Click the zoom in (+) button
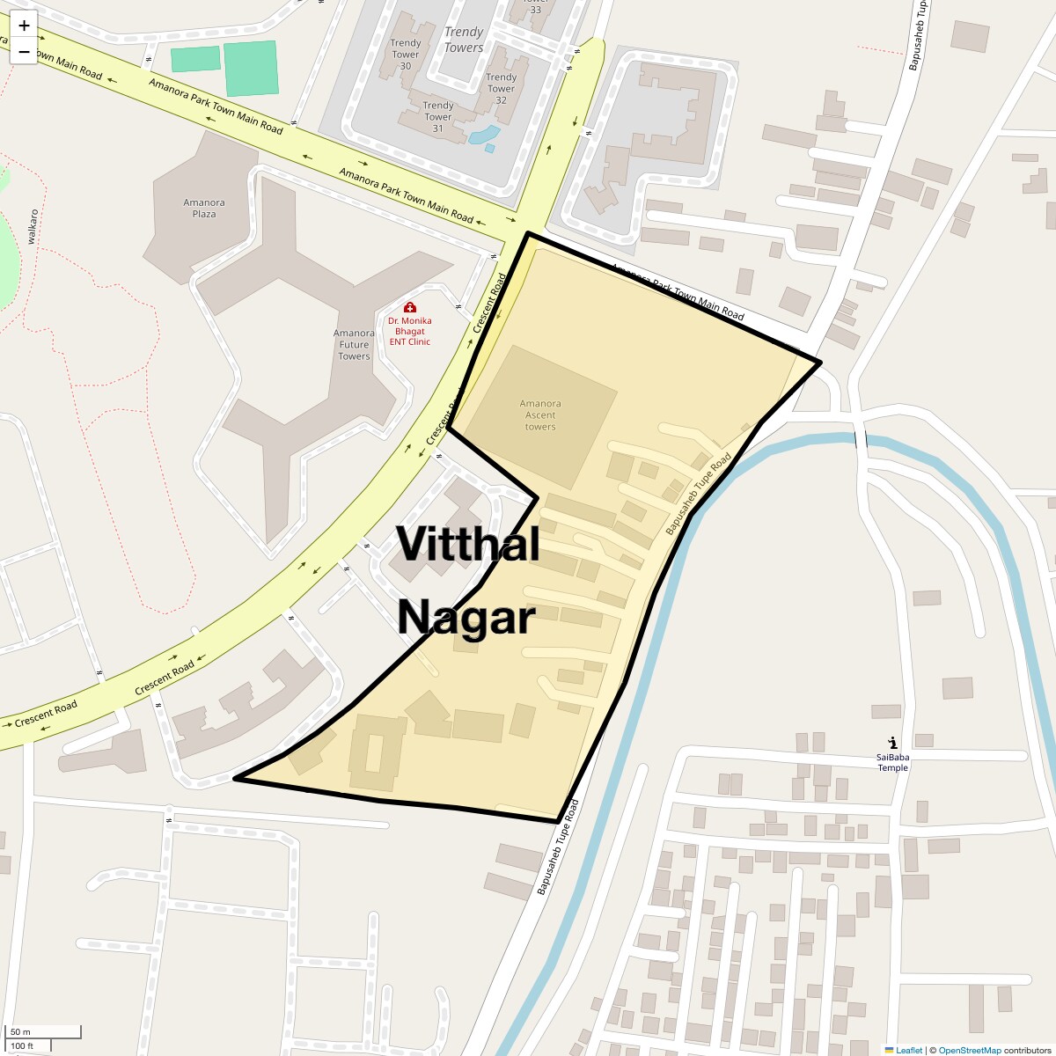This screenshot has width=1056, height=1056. point(24,26)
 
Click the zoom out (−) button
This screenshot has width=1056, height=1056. point(24,52)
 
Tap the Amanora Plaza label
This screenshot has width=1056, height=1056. point(204,209)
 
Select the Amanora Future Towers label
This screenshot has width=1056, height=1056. point(354,344)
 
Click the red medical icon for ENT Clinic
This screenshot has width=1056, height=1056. point(410,307)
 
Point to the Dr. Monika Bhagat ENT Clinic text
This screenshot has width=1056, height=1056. point(410,331)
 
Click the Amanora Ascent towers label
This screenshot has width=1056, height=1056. point(540,415)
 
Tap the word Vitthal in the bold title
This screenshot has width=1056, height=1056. point(467,543)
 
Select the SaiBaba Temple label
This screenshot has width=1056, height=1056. point(892,762)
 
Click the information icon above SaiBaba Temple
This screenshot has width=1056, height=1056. point(893,743)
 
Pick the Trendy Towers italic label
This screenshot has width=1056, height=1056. point(464,40)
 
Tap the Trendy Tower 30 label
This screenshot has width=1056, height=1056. point(406,54)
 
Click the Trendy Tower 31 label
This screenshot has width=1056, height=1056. point(438,116)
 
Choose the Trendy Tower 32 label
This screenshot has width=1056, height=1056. point(501,88)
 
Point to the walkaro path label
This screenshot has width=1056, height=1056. point(33,226)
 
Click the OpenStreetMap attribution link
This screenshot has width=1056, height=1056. point(969,1050)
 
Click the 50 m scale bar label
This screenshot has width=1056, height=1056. point(21,1032)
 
